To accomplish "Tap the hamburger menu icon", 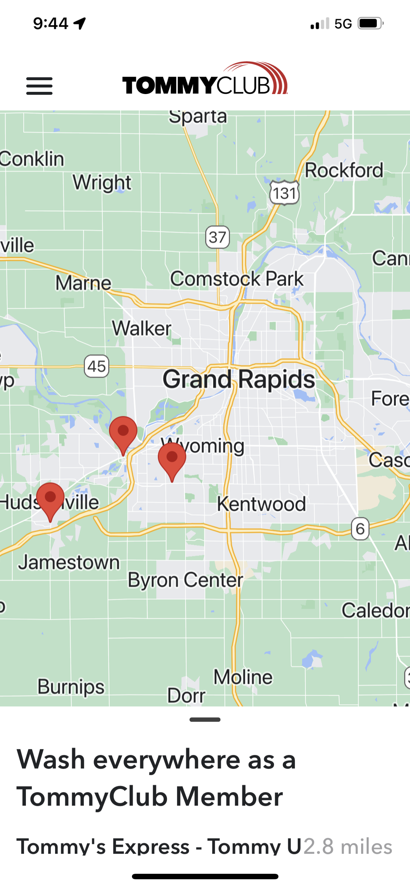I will click(39, 86).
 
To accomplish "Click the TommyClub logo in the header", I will click(205, 79).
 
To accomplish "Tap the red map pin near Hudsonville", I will click(50, 499).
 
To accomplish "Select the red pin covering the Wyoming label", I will click(172, 459).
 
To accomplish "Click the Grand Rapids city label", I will click(239, 379).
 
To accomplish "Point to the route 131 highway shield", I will click(284, 193).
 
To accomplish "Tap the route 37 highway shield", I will click(218, 237).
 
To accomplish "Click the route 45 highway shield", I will click(97, 366).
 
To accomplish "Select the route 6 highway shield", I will click(360, 529).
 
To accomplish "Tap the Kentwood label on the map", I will click(261, 504).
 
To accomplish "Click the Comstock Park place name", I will click(237, 279).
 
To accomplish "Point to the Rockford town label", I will click(344, 171).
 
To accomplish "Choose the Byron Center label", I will click(185, 580).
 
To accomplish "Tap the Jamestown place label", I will click(69, 562).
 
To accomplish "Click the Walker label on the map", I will click(141, 328).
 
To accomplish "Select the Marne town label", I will click(83, 283).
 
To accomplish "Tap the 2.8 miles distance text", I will click(348, 846).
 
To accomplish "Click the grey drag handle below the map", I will click(205, 720).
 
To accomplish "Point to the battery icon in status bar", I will click(370, 24).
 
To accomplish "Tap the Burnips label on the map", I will click(71, 687).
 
